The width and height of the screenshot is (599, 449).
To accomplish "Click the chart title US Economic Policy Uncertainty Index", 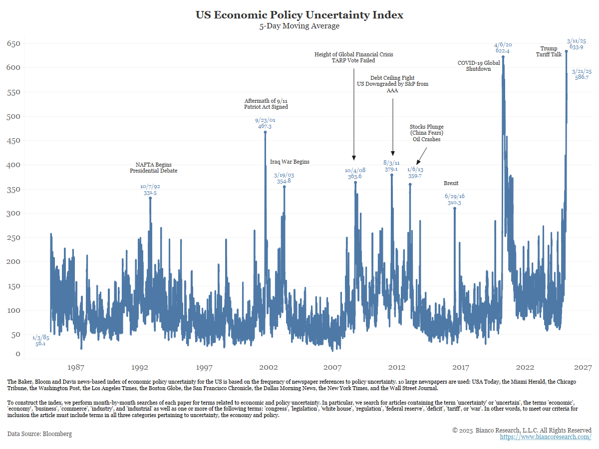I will (x=299, y=15).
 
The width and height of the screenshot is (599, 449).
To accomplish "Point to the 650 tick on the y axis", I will (x=13, y=44).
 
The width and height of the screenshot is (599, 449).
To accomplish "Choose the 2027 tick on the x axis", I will (x=583, y=368).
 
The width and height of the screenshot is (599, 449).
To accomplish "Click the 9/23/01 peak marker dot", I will (x=265, y=132).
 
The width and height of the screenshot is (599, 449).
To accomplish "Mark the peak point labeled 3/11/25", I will (x=566, y=51).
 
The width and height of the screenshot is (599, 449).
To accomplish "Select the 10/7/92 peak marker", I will (x=150, y=198).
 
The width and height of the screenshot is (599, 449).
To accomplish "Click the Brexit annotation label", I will (x=451, y=183).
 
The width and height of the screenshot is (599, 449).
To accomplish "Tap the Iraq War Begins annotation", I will (x=290, y=162).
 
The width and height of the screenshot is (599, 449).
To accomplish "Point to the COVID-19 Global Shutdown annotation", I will (x=479, y=66).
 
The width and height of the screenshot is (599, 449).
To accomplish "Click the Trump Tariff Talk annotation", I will (x=549, y=51).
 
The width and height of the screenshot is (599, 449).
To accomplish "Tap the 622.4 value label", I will (x=503, y=51).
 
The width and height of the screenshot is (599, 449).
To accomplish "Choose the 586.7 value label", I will (x=582, y=77).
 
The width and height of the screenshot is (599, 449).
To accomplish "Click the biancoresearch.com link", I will (x=546, y=437).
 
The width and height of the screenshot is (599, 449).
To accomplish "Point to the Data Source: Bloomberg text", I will (x=39, y=434).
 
